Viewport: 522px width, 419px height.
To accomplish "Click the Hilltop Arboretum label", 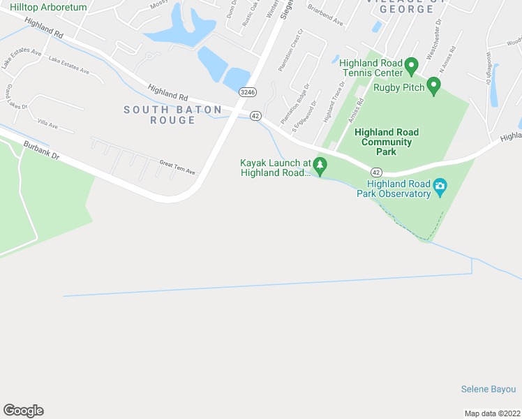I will tap(48, 7).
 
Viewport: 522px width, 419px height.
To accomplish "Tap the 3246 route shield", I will tap(246, 91).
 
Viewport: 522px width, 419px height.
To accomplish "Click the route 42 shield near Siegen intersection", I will tap(255, 115).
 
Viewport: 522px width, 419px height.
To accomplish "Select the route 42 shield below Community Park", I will tap(376, 172).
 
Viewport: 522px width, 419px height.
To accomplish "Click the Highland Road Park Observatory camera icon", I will tap(440, 186).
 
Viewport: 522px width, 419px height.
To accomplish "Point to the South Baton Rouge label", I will tap(172, 115).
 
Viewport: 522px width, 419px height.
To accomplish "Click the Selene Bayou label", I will tap(489, 389).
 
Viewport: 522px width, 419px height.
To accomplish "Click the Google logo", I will tap(23, 411).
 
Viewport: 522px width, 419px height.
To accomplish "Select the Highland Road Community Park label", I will tap(387, 142).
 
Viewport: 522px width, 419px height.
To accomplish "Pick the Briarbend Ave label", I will tap(326, 21).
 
